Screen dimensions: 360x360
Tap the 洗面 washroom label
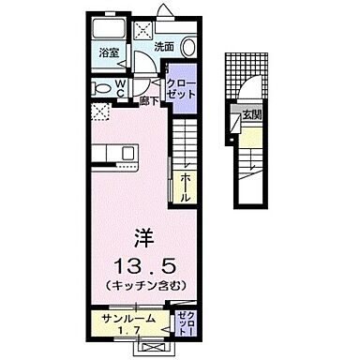pyautogui.click(x=163, y=46)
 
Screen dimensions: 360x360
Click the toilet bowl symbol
pyautogui.click(x=101, y=86)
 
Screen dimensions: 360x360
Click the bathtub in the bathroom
pyautogui.click(x=107, y=28)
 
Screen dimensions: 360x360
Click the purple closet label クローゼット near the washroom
pyautogui.click(x=179, y=87)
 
